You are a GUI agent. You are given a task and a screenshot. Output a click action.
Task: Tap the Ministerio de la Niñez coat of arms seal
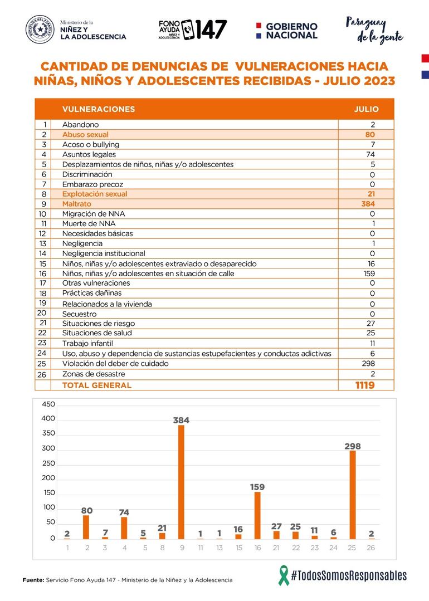[x=40, y=30]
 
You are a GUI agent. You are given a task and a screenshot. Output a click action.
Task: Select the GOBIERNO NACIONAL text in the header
[x=291, y=31]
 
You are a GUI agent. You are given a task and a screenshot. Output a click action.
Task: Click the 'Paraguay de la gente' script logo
[x=374, y=30]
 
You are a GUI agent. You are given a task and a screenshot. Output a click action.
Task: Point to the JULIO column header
[x=366, y=109]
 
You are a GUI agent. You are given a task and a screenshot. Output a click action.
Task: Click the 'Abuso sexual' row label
[x=85, y=135]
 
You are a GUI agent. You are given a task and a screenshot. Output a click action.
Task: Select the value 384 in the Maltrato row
[x=368, y=204]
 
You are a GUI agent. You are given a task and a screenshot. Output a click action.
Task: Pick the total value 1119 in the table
[x=365, y=385]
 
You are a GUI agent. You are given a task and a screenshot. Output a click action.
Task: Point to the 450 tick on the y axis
[x=48, y=404]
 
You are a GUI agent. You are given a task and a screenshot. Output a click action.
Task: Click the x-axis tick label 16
[x=257, y=548]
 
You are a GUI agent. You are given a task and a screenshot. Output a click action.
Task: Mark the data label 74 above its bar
[x=124, y=512]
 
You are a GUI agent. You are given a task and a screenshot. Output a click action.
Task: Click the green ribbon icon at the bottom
[x=284, y=575]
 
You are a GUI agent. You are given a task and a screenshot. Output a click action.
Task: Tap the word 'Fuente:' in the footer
[x=33, y=580]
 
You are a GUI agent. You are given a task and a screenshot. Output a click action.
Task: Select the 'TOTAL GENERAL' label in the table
[x=97, y=385]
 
